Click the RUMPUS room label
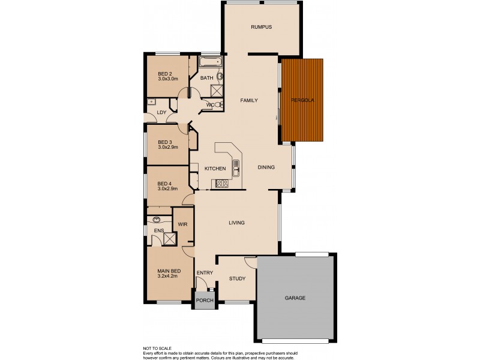pyautogui.click(x=262, y=27)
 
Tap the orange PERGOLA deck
pyautogui.click(x=303, y=100)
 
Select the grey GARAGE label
pyautogui.click(x=295, y=298)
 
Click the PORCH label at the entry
pyautogui.click(x=204, y=301)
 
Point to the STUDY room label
pyautogui.click(x=237, y=278)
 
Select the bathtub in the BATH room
pyautogui.click(x=210, y=62)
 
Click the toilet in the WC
pyautogui.click(x=217, y=105)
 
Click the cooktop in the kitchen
pyautogui.click(x=220, y=184)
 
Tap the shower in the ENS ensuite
pyautogui.click(x=170, y=239)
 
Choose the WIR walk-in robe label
pyautogui.click(x=183, y=225)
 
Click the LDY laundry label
pyautogui.click(x=161, y=112)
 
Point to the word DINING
pyautogui.click(x=266, y=167)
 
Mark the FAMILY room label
pyautogui.click(x=249, y=100)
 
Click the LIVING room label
pyautogui.click(x=237, y=223)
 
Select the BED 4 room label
pyautogui.click(x=164, y=184)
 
